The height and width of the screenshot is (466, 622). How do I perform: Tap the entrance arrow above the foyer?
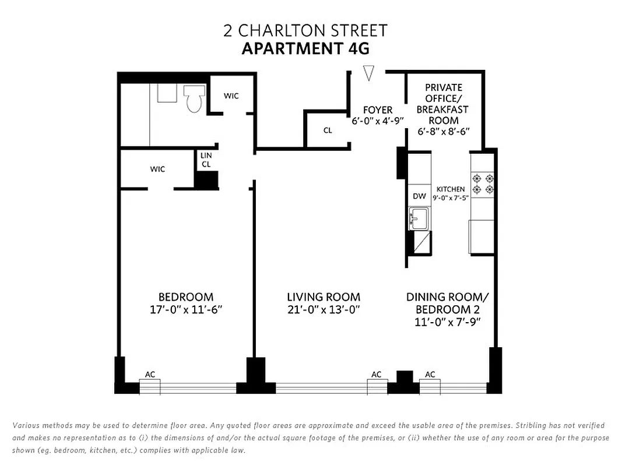point(368,73)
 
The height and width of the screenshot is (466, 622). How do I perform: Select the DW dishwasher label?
point(419,196)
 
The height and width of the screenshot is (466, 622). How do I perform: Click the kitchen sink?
point(419,220)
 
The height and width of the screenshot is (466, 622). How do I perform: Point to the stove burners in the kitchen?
point(483,183)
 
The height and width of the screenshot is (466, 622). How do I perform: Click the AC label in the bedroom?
point(150,375)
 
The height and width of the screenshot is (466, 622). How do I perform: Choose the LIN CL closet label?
point(206,160)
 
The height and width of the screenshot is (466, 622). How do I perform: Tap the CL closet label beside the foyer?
point(328,130)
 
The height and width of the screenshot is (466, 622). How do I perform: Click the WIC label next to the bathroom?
point(231,96)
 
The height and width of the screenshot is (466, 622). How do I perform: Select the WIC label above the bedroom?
point(157,170)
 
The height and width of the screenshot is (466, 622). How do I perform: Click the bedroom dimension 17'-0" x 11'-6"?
point(186,309)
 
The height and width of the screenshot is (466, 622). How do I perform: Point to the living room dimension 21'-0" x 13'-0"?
point(323,309)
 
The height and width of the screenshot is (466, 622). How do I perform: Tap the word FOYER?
point(378,110)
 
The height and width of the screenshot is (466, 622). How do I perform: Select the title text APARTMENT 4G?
point(305,48)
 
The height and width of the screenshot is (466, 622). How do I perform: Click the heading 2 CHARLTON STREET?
point(305,30)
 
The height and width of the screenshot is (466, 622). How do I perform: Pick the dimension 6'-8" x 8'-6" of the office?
point(444,132)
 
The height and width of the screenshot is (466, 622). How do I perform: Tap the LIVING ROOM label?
point(323,297)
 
